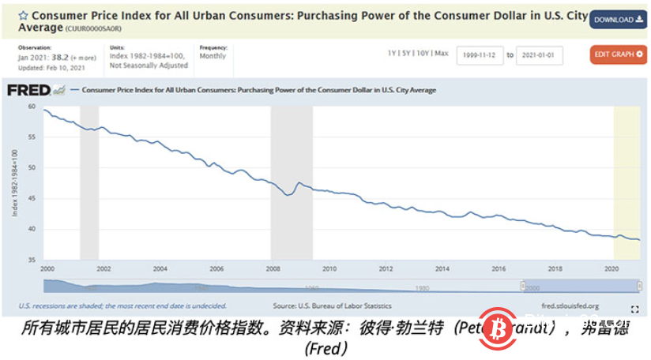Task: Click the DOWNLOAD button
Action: click(x=618, y=20)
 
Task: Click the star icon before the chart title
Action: click(x=24, y=16)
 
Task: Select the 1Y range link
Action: click(x=392, y=54)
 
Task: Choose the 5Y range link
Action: click(x=408, y=54)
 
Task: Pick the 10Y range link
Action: click(x=424, y=54)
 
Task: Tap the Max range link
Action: click(x=442, y=54)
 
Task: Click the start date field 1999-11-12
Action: click(x=480, y=55)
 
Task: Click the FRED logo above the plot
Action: click(x=28, y=90)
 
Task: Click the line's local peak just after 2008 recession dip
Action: click(x=299, y=182)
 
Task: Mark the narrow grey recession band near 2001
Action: click(x=89, y=182)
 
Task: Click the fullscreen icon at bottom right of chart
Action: click(x=634, y=309)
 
